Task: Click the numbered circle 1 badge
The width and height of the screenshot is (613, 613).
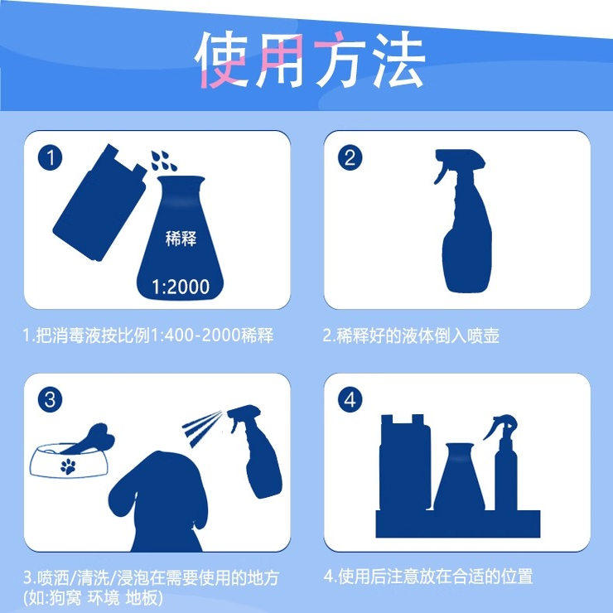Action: point(51,157)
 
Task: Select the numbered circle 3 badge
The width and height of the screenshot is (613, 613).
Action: point(51,400)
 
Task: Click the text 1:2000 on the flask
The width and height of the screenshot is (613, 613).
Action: point(181,287)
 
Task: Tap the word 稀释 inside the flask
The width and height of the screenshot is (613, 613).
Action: point(180,239)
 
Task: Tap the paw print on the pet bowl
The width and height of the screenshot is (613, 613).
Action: point(69,466)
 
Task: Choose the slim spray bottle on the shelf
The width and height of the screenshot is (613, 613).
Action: point(506,468)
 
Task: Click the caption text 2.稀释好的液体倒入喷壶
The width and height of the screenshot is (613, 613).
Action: point(411,336)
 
